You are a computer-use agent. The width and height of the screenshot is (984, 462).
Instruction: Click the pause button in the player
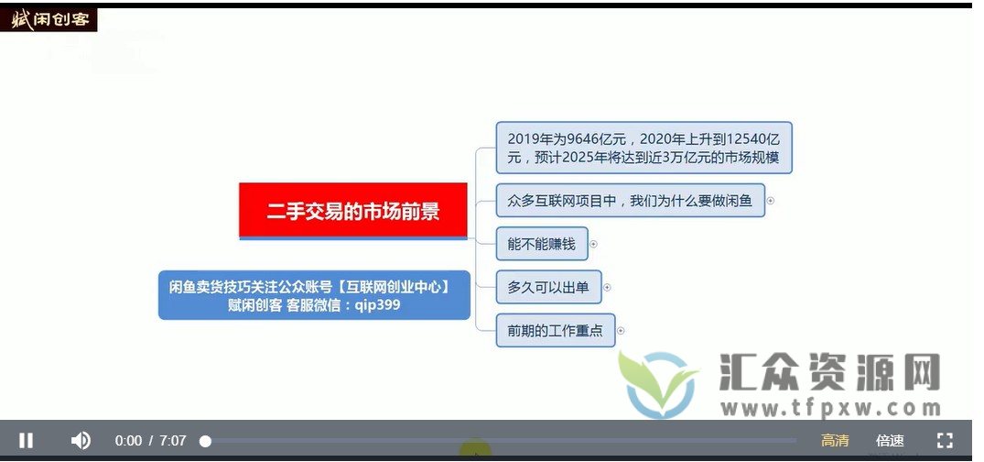coord(27,441)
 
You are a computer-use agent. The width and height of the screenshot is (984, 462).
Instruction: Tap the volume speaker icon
coord(81,441)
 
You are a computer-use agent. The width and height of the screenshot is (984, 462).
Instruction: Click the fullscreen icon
coord(945,441)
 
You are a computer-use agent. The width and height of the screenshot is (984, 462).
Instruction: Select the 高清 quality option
coord(834,441)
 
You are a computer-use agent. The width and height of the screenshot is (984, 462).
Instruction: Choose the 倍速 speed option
coord(890,441)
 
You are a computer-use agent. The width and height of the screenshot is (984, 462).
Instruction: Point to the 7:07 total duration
coord(172,441)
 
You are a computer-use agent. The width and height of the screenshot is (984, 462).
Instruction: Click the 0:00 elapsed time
coord(128,441)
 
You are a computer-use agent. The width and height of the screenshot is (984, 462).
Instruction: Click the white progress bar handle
coord(205,441)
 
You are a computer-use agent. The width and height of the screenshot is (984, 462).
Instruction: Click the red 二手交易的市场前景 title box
coord(353,211)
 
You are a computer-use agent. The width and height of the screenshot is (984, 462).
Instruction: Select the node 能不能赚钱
coord(541,244)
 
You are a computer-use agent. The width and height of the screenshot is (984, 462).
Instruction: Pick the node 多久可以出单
coord(548,287)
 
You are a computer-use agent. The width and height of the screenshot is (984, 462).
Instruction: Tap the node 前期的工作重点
coord(555,330)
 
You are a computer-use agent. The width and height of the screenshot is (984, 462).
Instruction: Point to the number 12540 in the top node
coord(741,138)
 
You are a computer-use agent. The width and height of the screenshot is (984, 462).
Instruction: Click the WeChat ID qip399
coord(376,304)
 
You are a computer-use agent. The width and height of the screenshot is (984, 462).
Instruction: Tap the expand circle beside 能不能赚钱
coord(593,244)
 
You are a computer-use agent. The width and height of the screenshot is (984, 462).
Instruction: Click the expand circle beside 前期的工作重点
coord(620,330)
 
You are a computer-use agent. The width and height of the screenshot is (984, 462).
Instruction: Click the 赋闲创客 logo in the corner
coord(49,19)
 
